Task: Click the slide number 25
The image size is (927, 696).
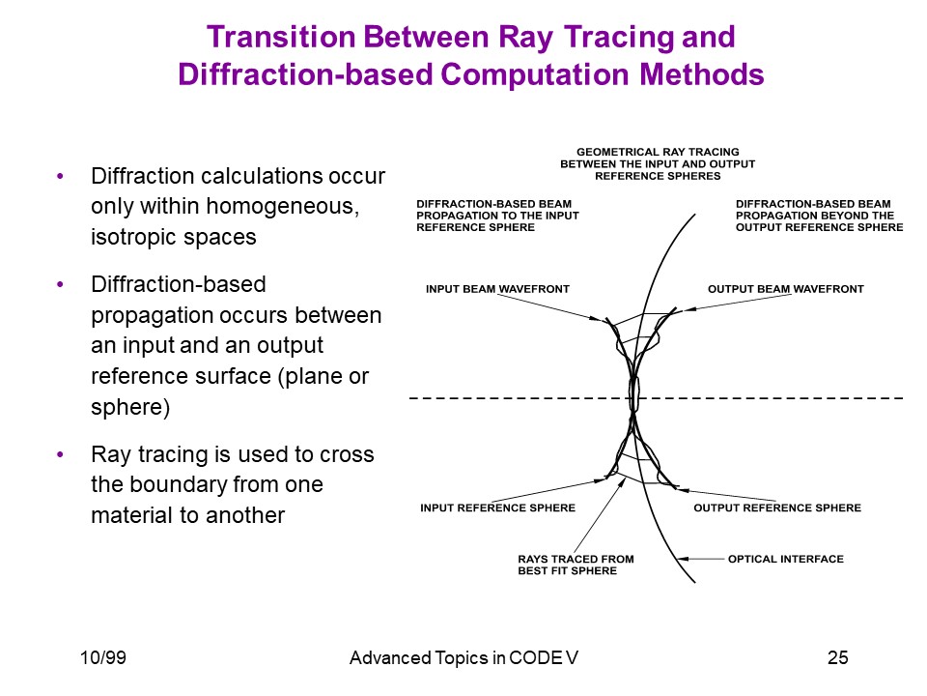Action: click(838, 657)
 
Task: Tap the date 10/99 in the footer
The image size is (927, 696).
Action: click(103, 657)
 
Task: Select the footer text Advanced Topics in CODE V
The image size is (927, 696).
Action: click(463, 657)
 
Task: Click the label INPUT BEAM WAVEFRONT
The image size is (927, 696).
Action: click(497, 289)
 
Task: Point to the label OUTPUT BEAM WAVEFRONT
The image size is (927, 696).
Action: click(786, 289)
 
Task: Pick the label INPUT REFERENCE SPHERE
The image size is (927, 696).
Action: click(498, 507)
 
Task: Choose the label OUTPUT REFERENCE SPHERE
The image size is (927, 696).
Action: click(777, 507)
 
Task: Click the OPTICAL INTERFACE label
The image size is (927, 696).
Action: click(786, 559)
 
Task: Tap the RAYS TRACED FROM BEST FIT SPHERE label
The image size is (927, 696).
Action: click(576, 565)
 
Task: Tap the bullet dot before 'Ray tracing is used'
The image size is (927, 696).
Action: click(60, 454)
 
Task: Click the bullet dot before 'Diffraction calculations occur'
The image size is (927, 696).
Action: click(60, 176)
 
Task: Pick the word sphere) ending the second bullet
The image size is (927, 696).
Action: click(130, 408)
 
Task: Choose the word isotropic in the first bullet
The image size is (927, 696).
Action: click(133, 238)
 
